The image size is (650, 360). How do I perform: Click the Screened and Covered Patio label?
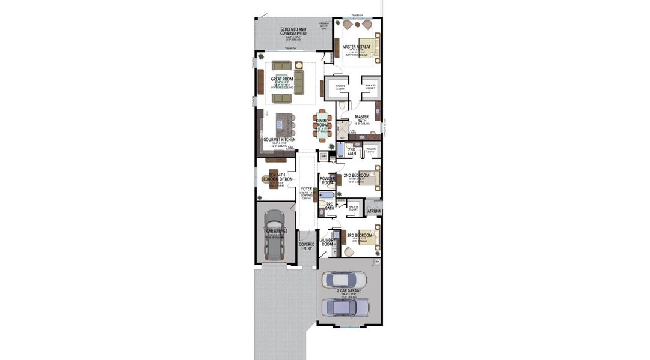pyautogui.click(x=293, y=31)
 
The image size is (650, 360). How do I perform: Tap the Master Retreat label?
pyautogui.click(x=357, y=46)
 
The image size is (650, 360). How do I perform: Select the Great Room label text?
pyautogui.click(x=281, y=79)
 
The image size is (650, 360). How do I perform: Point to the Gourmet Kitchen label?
pyautogui.click(x=280, y=139)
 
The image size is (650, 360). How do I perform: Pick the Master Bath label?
pyautogui.click(x=361, y=119)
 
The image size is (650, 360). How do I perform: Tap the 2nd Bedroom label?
pyautogui.click(x=357, y=176)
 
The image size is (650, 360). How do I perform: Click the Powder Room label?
pyautogui.click(x=328, y=180)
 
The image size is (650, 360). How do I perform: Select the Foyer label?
pyautogui.click(x=307, y=189)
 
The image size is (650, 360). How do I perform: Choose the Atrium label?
pyautogui.click(x=374, y=211)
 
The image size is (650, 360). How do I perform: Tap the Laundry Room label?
pyautogui.click(x=327, y=242)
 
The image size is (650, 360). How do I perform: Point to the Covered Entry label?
pyautogui.click(x=307, y=246)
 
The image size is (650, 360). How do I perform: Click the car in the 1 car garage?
pyautogui.click(x=275, y=233)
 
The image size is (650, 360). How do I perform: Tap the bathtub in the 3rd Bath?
pyautogui.click(x=327, y=195)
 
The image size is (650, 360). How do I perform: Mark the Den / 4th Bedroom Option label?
pyautogui.click(x=277, y=177)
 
